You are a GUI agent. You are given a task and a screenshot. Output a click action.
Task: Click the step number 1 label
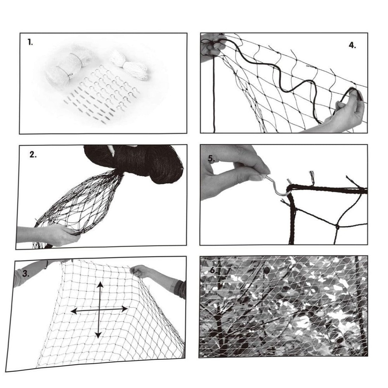(30, 42)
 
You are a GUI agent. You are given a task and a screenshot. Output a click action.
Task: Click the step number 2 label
(33, 155)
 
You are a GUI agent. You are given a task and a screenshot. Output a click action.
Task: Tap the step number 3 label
(26, 274)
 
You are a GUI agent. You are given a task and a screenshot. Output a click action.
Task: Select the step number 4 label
(352, 45)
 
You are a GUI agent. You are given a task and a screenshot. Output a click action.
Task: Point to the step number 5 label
(211, 159)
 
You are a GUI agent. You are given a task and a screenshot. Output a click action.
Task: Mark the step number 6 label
(213, 270)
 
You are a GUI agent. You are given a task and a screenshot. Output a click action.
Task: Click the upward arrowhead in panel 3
(100, 285)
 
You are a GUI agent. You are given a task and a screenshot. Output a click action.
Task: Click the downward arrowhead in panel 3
(99, 335)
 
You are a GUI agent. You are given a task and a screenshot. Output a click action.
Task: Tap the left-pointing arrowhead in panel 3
(74, 311)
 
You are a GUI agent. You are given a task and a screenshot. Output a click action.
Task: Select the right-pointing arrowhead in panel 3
(124, 309)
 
